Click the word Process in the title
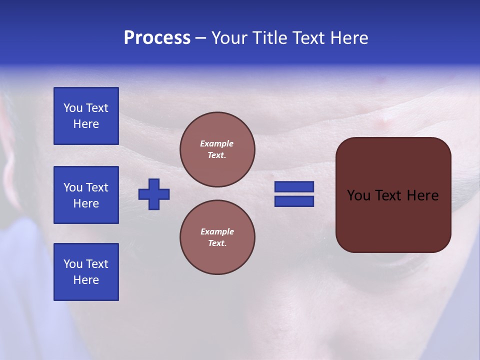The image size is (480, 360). [157, 38]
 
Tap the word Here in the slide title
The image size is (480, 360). [349, 38]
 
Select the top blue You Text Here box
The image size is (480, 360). [86, 116]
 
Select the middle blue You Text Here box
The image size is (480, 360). [86, 195]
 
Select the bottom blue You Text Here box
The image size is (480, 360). [86, 272]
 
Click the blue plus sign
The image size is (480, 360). [154, 194]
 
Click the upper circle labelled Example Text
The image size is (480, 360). [217, 149]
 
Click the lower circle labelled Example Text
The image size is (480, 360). [217, 237]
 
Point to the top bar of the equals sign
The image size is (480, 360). [294, 186]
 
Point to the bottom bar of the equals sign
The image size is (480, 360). [294, 201]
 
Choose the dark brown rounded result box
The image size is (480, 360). [393, 220]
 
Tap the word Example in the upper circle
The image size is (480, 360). [217, 143]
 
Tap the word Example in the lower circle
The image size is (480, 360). [217, 231]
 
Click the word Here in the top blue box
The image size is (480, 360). [86, 124]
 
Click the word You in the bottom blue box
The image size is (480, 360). [73, 264]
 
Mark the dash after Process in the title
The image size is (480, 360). [200, 38]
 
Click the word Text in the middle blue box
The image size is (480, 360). [97, 187]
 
